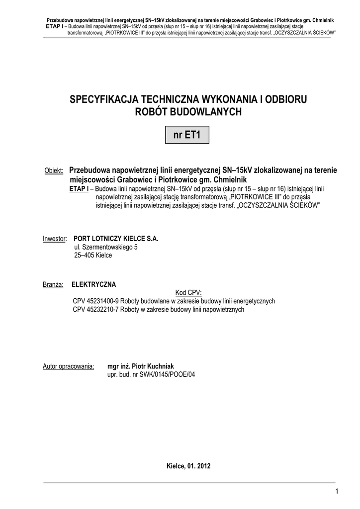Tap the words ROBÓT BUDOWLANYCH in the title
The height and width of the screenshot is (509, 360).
(188, 112)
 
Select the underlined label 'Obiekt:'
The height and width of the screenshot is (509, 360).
(54, 171)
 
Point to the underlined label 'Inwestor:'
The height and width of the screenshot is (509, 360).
(55, 239)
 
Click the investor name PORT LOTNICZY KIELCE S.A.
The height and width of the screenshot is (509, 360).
(116, 239)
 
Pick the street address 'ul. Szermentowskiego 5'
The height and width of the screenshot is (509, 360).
(106, 247)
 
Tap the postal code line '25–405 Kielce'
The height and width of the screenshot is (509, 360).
(93, 255)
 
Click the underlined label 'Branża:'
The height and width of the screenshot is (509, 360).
(52, 285)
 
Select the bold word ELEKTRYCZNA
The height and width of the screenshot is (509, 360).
(94, 285)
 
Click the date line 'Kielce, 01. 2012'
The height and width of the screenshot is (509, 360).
(188, 466)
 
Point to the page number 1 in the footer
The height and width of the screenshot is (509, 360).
(337, 492)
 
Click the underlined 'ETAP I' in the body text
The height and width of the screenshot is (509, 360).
(79, 189)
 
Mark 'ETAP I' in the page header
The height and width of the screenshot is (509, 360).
(55, 25)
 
